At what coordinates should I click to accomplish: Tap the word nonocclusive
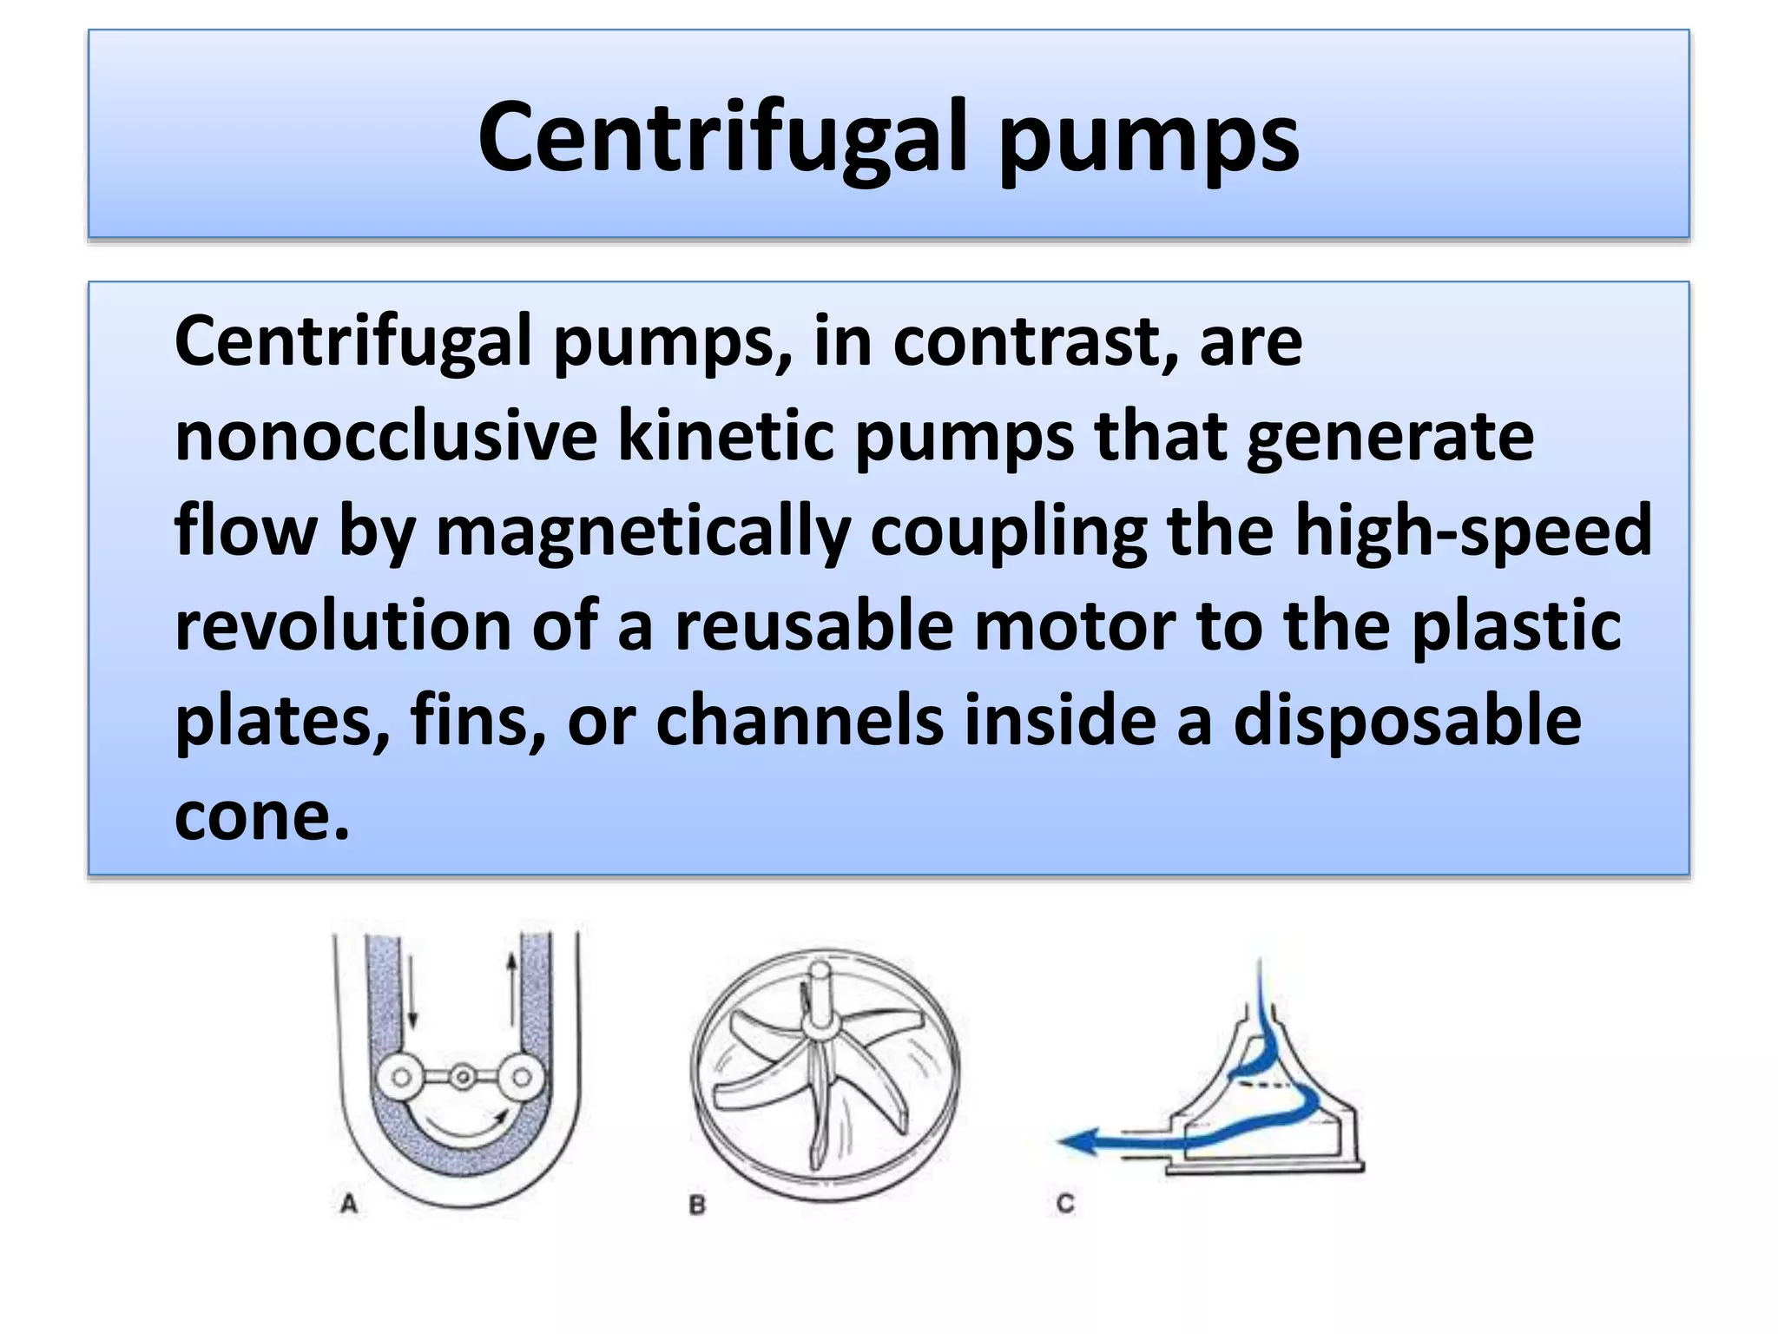(385, 436)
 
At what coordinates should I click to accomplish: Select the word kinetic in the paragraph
(725, 436)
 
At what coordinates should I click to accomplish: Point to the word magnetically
(642, 532)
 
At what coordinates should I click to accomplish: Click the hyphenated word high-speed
(1473, 532)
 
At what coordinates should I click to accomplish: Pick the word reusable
(814, 626)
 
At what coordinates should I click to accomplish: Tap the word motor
(1075, 626)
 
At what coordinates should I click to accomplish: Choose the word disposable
(1407, 721)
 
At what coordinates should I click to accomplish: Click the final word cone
(260, 816)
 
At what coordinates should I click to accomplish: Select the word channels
(800, 721)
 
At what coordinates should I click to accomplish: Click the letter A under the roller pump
(349, 1205)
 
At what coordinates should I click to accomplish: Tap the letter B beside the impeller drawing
(697, 1205)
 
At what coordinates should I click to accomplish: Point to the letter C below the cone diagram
(1066, 1204)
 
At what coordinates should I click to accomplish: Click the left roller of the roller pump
(401, 1078)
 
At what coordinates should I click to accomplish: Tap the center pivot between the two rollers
(463, 1078)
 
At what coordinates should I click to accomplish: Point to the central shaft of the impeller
(820, 999)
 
